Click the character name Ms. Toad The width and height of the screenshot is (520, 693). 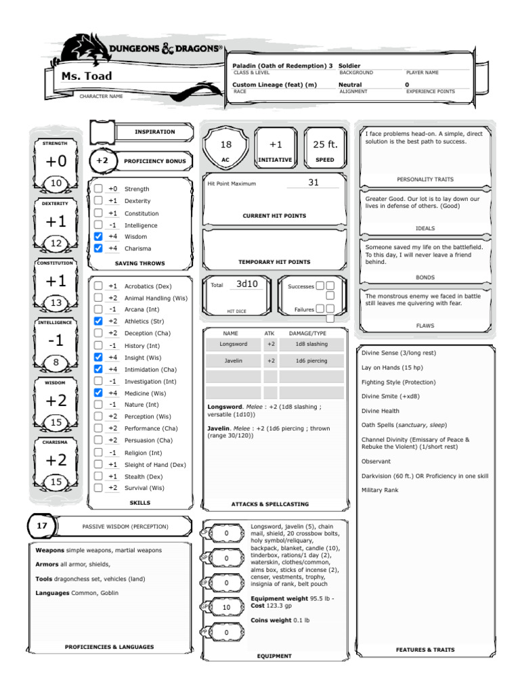pos(87,76)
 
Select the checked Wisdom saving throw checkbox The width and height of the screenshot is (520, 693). pos(99,237)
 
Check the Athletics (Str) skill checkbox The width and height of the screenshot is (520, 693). pos(99,321)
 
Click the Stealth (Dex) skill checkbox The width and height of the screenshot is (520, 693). pos(99,476)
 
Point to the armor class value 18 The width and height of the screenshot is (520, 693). pos(226,144)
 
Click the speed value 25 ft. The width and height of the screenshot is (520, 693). pos(325,144)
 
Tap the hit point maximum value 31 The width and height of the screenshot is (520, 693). pos(313,183)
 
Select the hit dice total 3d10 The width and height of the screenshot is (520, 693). pos(246,284)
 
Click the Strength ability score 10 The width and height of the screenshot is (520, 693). pos(56,183)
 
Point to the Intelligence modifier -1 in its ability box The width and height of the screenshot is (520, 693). pos(56,341)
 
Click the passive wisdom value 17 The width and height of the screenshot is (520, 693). pos(42,525)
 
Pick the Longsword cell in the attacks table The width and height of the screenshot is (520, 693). pos(233,344)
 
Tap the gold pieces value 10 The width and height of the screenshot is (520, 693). pos(227,607)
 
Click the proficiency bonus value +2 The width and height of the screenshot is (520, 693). pos(102,161)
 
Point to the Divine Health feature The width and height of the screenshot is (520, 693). pos(381,411)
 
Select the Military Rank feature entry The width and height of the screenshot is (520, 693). pos(380,489)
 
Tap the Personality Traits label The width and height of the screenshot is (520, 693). pos(425,179)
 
